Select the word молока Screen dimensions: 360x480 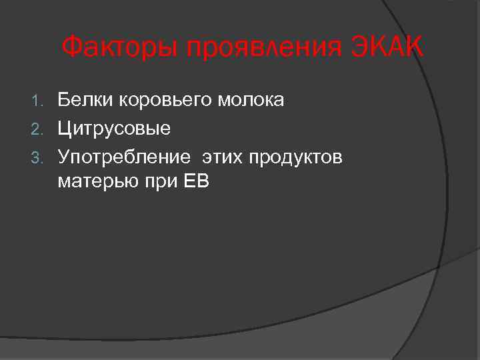coord(252,101)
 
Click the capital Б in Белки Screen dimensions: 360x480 coord(64,101)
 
